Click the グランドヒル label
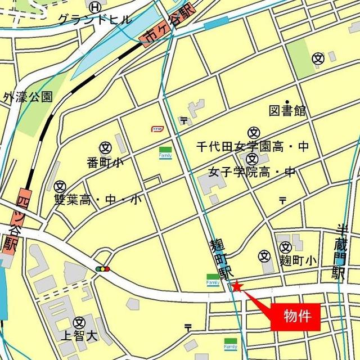point(94,20)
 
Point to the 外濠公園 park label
point(28,97)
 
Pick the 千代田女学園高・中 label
point(253,147)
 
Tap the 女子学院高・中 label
point(251,172)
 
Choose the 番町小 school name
point(105,163)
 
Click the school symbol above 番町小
point(105,147)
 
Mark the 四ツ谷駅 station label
point(18,222)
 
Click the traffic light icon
point(103,269)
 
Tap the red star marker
point(237,287)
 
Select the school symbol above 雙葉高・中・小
point(61,185)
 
